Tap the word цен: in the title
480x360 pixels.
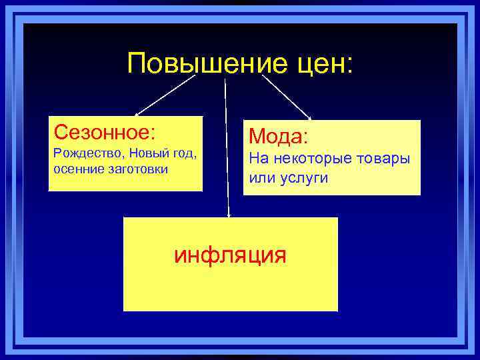coord(326,64)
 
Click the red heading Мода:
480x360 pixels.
coord(279,137)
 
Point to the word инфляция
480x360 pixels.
coord(230,255)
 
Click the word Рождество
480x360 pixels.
coord(78,154)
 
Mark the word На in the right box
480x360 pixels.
coord(257,159)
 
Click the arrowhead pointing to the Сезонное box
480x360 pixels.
coord(138,115)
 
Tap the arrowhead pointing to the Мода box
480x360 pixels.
coord(308,117)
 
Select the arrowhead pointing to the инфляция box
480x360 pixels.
coord(229,215)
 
